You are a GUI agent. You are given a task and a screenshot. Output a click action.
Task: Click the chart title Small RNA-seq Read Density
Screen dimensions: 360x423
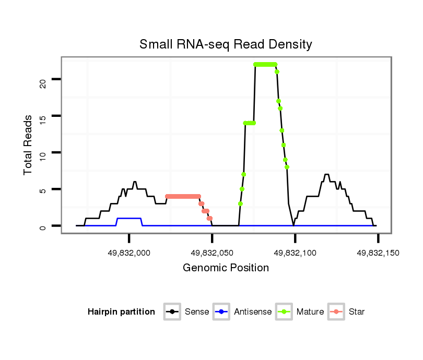226,44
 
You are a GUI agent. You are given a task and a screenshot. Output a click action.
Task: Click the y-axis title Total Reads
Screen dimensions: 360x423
28,145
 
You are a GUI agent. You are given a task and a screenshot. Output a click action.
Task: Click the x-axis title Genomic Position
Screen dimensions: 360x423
226,268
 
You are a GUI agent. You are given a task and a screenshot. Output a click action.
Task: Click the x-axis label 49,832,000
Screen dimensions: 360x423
129,253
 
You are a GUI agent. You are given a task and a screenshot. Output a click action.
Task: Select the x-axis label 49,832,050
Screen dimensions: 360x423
212,253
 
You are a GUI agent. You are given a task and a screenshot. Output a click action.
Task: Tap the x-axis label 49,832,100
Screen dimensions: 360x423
295,253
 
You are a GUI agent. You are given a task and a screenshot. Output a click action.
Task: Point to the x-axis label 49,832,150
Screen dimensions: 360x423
378,253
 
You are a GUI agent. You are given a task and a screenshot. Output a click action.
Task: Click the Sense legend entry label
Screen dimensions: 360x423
197,312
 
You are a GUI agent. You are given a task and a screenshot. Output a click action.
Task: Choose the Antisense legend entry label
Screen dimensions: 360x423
253,312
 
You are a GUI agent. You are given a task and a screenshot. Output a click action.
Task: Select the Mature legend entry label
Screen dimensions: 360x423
310,312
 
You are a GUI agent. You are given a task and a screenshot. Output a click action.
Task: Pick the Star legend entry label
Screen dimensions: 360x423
357,312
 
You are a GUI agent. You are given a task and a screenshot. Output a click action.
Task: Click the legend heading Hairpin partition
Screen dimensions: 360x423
121,312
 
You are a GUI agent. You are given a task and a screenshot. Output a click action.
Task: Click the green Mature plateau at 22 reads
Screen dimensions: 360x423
265,64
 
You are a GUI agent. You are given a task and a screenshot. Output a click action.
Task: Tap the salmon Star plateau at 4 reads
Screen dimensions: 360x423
183,196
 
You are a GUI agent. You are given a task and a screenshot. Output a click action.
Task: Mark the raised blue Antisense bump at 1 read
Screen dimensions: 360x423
129,218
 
